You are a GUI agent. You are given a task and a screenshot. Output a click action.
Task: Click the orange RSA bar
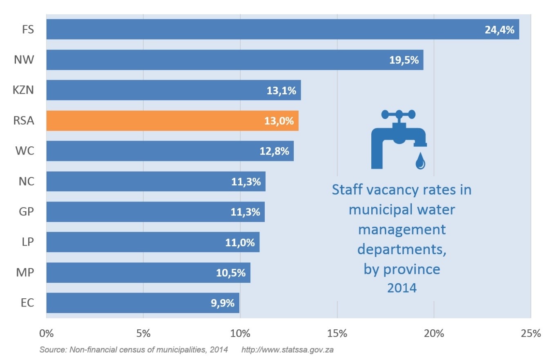point(172,121)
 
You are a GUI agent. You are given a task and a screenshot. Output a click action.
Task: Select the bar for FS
point(282,29)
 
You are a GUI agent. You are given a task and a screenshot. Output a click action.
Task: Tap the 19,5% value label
point(404,60)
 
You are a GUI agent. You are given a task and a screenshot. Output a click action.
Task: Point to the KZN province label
point(23,90)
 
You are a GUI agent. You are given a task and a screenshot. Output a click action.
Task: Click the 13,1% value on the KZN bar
point(281,91)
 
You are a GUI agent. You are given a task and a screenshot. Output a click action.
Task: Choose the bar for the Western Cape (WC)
point(170,151)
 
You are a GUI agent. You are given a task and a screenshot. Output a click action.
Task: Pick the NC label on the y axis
point(26,181)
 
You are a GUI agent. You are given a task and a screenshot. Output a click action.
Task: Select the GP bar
point(155,212)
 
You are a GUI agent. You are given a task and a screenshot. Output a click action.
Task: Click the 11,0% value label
point(240,243)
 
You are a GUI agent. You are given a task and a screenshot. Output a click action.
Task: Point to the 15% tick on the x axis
point(337,333)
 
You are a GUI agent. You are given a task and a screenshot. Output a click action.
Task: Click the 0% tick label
point(46,333)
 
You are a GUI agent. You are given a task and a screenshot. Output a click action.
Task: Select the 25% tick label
point(531,333)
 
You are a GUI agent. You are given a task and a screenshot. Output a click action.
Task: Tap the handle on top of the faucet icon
point(398,114)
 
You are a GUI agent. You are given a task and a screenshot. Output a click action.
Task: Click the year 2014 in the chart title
point(402,288)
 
